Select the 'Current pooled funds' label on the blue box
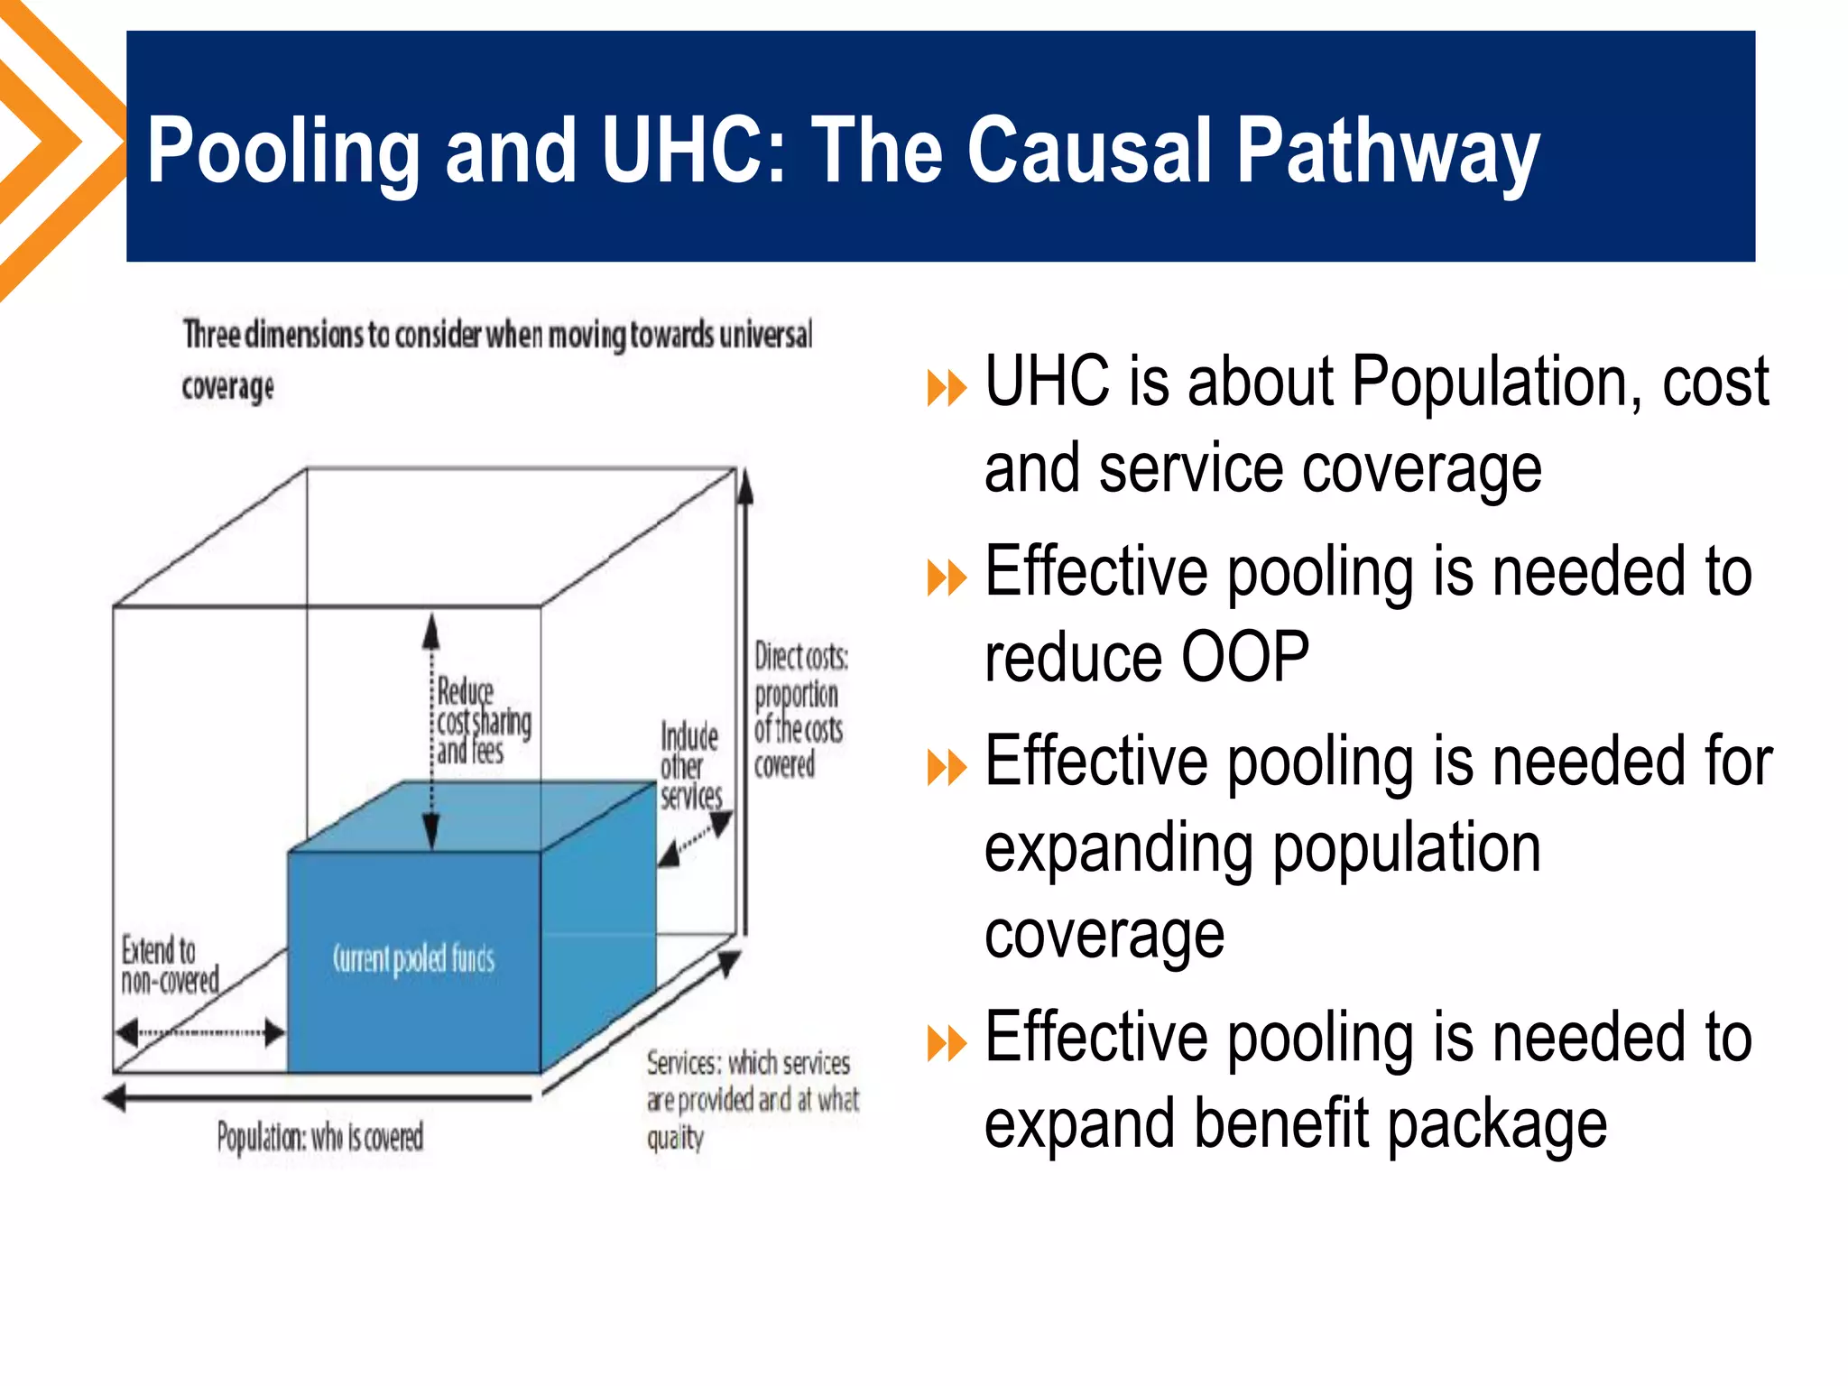point(413,958)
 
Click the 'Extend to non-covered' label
point(170,965)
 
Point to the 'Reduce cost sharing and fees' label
point(483,721)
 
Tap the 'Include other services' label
point(690,766)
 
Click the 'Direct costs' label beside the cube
point(799,709)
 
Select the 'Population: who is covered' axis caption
point(319,1137)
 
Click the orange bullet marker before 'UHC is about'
point(947,389)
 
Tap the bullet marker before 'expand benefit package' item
point(947,1044)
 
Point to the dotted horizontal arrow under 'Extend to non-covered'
point(200,1032)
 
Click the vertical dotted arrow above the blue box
point(431,731)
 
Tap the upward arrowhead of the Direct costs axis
point(744,488)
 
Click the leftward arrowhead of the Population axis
point(115,1098)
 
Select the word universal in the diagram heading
point(765,334)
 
